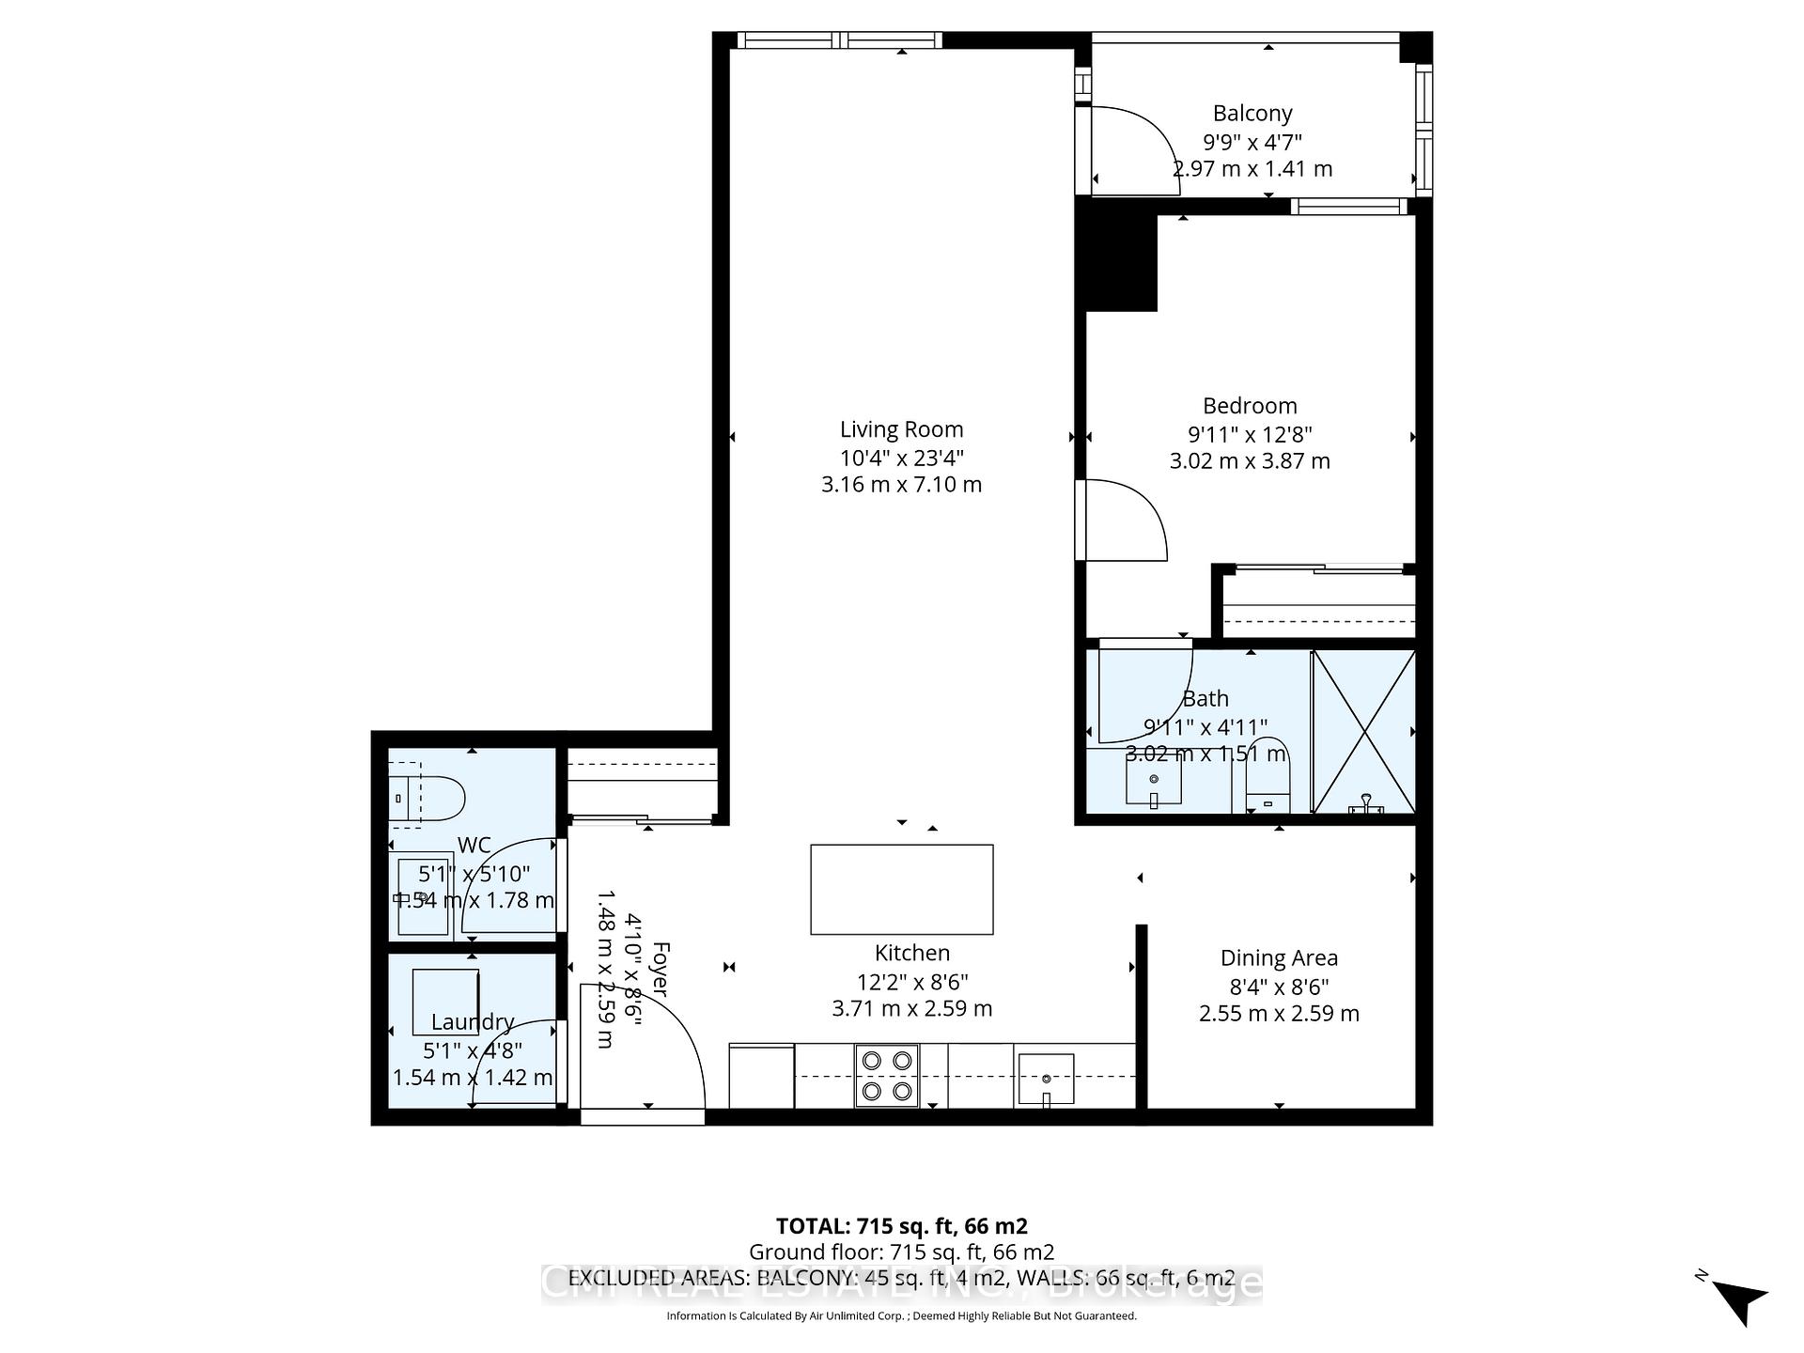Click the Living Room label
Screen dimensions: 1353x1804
tap(901, 429)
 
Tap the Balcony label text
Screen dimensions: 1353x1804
tap(1252, 114)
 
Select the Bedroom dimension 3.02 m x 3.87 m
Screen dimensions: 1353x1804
tap(1249, 461)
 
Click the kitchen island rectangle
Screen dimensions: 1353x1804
tap(901, 889)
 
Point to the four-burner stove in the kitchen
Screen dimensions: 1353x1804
tap(887, 1075)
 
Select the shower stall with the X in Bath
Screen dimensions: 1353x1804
tap(1363, 731)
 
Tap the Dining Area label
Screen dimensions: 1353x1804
tap(1279, 958)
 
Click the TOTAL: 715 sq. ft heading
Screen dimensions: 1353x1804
tap(901, 1226)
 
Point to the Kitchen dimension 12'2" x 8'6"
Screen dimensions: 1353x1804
tap(911, 982)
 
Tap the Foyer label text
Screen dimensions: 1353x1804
tap(661, 968)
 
